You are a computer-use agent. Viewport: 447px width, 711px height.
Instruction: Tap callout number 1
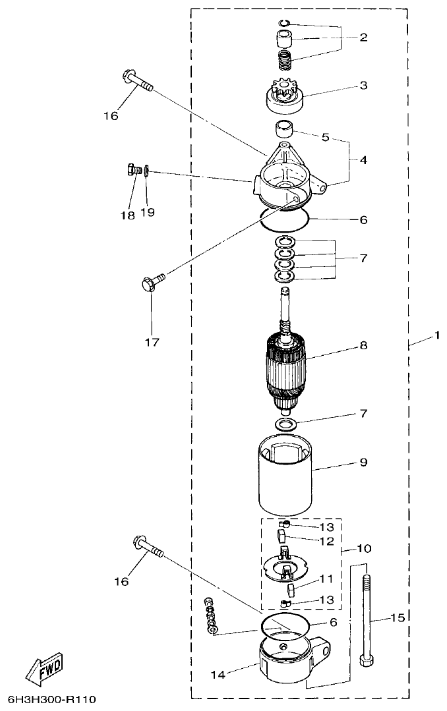pos(436,336)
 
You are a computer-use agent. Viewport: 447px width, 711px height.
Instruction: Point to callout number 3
pos(363,86)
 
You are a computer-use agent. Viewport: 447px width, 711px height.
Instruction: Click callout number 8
pos(363,345)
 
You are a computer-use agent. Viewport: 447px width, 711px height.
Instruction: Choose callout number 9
pos(363,463)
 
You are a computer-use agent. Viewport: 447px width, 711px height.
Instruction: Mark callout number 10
pos(363,548)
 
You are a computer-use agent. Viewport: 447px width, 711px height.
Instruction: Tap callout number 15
pos(396,617)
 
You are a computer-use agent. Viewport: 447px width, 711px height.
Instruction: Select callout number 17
pos(152,342)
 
